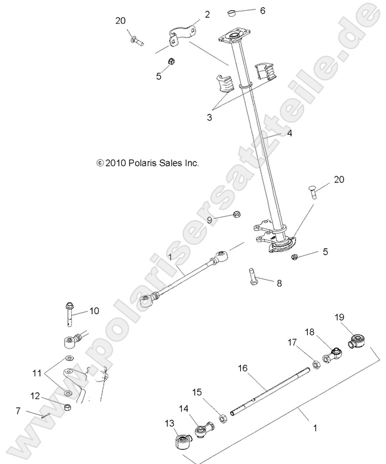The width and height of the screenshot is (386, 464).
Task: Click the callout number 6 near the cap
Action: pos(262,10)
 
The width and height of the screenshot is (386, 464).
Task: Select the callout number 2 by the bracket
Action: pos(207,14)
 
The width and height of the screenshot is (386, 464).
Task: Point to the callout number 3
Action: pos(209,118)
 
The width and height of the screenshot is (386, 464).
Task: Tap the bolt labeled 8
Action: pos(252,277)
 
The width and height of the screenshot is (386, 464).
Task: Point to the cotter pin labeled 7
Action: pos(44,416)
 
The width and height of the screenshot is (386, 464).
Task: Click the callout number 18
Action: pos(310,331)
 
